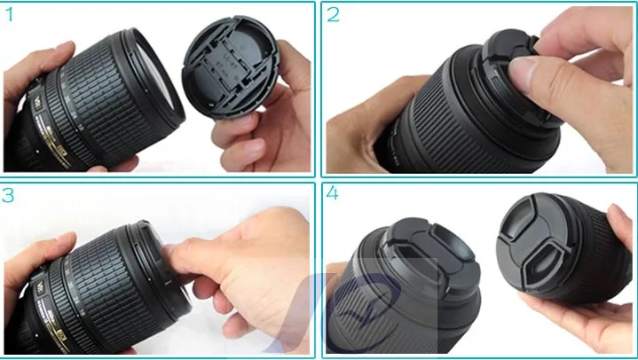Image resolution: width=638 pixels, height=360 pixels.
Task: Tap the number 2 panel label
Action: point(334,15)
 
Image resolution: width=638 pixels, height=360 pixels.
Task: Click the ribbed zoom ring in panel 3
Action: point(106,275)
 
